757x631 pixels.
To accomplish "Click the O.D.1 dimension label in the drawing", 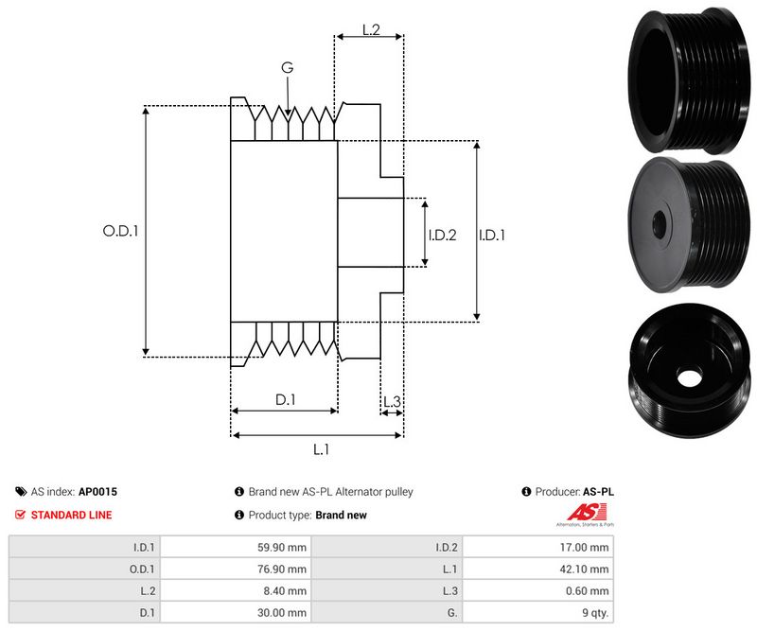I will tap(120, 230).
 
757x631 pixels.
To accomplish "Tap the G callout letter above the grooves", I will tap(288, 67).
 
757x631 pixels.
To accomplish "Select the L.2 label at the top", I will tap(371, 31).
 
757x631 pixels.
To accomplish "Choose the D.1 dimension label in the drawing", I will tap(286, 400).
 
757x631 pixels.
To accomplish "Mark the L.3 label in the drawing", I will tap(392, 403).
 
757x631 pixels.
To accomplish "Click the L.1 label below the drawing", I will tap(321, 449).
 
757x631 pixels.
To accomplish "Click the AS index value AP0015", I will tap(97, 492).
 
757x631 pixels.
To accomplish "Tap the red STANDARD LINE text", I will tap(71, 515).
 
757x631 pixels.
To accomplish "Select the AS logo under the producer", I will tap(585, 516).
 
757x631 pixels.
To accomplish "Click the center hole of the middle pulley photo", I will tap(660, 222).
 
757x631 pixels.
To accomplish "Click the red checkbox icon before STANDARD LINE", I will tap(21, 515).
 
